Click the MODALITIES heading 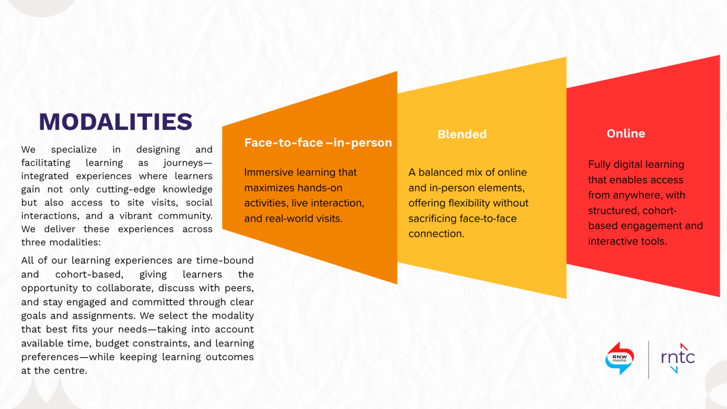115,121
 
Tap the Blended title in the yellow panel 462,134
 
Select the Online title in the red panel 626,133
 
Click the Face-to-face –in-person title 318,143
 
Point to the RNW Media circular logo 620,358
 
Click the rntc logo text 678,357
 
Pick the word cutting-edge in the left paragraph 150,189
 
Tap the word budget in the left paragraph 143,343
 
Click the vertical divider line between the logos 649,359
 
